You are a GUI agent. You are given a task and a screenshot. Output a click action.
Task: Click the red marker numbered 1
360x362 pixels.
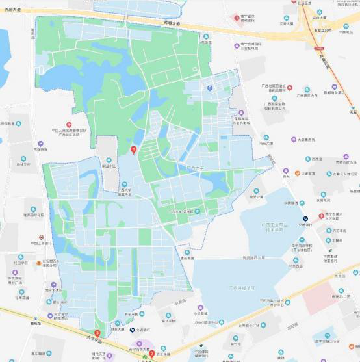coord(134,149)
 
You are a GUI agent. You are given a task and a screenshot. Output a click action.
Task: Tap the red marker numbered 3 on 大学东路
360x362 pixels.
coord(97,334)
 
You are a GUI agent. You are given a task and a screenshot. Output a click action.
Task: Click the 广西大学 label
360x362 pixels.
coord(195,168)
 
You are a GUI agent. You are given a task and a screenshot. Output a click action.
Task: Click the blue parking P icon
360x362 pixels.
coord(209,88)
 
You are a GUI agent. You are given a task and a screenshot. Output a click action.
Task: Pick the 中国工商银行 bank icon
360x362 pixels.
coord(41,237)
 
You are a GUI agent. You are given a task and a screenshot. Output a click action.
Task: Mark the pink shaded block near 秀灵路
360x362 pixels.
coord(318,296)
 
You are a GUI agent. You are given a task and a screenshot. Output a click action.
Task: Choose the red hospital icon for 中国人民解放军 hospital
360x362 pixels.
coord(68,123)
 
